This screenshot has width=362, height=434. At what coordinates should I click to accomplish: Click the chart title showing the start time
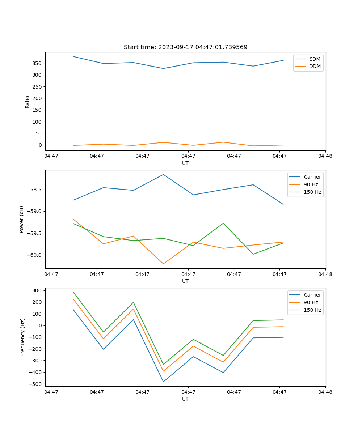tap(185, 47)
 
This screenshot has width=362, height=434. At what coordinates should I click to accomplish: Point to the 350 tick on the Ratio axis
tap(37, 63)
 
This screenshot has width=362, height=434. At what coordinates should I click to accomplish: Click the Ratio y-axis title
tap(28, 102)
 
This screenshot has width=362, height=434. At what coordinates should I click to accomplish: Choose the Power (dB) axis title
tap(22, 219)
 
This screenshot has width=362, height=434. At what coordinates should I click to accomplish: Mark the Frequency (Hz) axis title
tap(22, 337)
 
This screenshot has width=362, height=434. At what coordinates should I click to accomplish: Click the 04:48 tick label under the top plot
tap(325, 156)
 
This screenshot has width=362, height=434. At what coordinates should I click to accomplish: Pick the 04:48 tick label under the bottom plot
tap(325, 392)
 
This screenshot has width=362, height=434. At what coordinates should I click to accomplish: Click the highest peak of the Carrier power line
tap(163, 175)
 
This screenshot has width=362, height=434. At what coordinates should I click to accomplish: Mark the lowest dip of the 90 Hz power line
tap(163, 264)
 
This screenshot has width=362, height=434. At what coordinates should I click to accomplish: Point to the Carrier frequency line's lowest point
tap(163, 382)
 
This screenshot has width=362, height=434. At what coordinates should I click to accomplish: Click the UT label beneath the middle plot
tap(185, 281)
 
